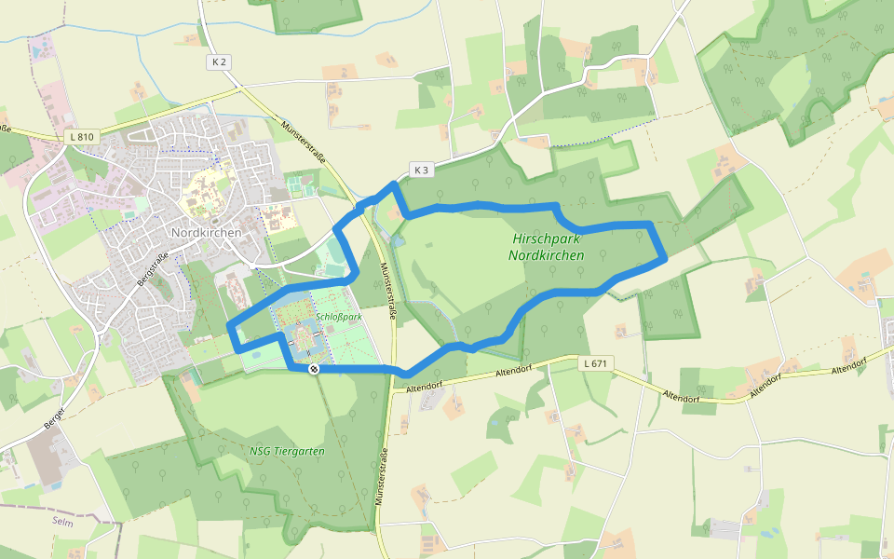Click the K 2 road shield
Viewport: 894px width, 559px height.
(219, 61)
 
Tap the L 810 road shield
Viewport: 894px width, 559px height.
(82, 137)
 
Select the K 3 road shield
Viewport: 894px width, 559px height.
(422, 170)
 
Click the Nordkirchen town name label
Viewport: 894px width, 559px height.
(206, 232)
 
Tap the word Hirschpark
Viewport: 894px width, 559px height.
(547, 239)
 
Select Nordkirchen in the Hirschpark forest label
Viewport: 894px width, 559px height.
(547, 254)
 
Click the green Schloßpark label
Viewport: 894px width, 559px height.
(338, 317)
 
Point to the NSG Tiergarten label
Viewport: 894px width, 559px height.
(287, 451)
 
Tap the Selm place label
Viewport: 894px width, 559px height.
(62, 521)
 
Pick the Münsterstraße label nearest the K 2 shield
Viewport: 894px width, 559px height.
(303, 143)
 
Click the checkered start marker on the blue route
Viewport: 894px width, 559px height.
(315, 369)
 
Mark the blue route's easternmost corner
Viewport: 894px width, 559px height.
(663, 259)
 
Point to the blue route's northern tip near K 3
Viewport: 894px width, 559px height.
(394, 185)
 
